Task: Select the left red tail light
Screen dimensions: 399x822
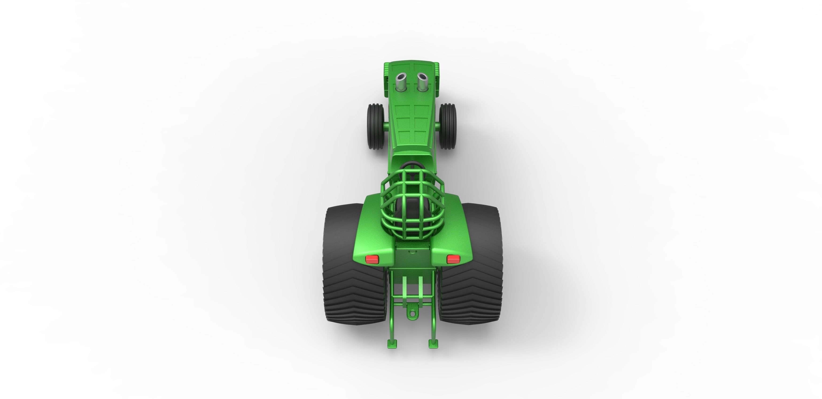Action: (x=372, y=259)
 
